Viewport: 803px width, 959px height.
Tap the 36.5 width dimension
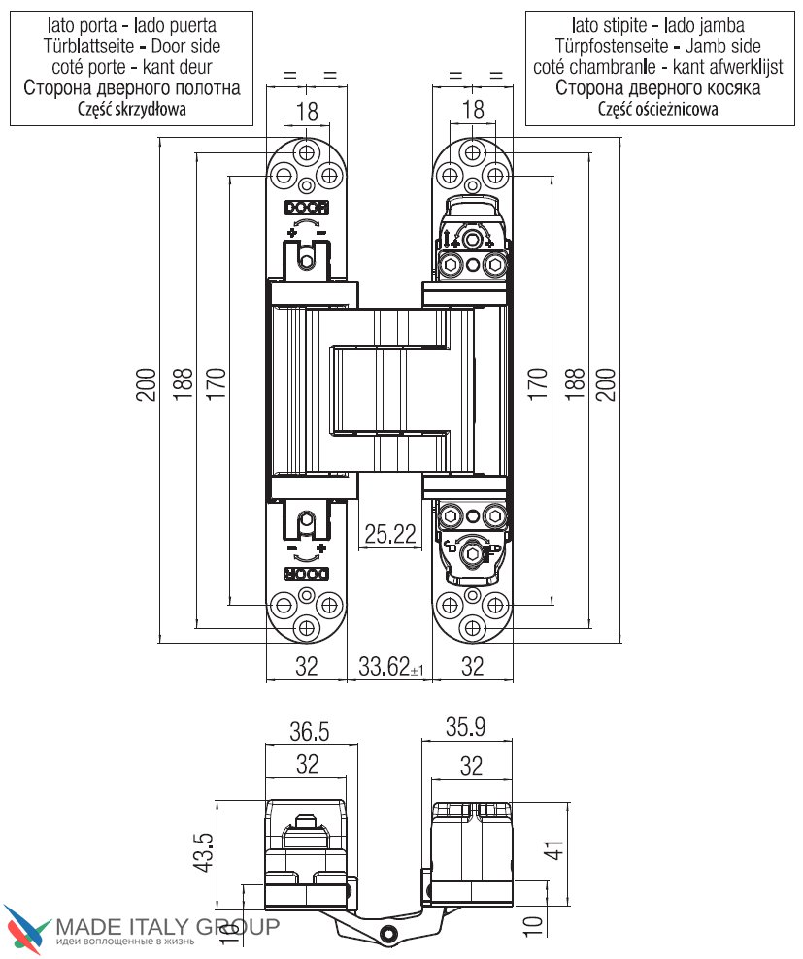(307, 729)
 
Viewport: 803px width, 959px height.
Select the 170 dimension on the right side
(535, 387)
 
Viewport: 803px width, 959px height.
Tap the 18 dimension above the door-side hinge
(307, 112)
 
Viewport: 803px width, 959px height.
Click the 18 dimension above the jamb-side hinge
(473, 112)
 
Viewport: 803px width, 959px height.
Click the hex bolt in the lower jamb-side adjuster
(472, 553)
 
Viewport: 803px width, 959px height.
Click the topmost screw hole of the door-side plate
(307, 152)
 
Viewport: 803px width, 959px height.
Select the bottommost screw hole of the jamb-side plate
(472, 626)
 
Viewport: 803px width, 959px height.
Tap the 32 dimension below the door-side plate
(307, 667)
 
